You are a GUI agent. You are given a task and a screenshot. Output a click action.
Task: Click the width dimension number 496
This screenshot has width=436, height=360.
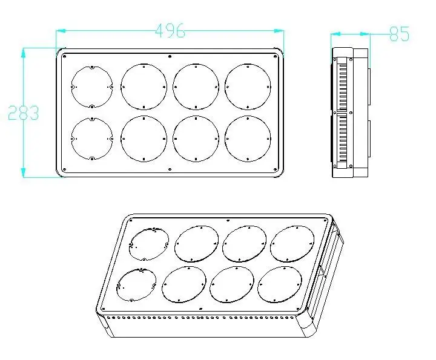tap(170, 31)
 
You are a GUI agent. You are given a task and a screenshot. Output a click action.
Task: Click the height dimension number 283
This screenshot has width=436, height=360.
tap(23, 113)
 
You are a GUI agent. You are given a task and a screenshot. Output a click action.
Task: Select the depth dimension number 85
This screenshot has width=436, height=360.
tap(399, 34)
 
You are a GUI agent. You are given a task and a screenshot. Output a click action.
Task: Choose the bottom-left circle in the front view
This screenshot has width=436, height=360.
tap(91, 139)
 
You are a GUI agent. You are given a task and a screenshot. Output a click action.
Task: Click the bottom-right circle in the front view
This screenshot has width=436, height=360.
tap(248, 139)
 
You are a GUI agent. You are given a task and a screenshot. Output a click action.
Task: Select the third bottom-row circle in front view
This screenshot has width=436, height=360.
tap(196, 139)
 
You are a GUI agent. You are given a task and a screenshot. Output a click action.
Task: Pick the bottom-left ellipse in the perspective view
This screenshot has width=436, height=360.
tap(136, 284)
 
